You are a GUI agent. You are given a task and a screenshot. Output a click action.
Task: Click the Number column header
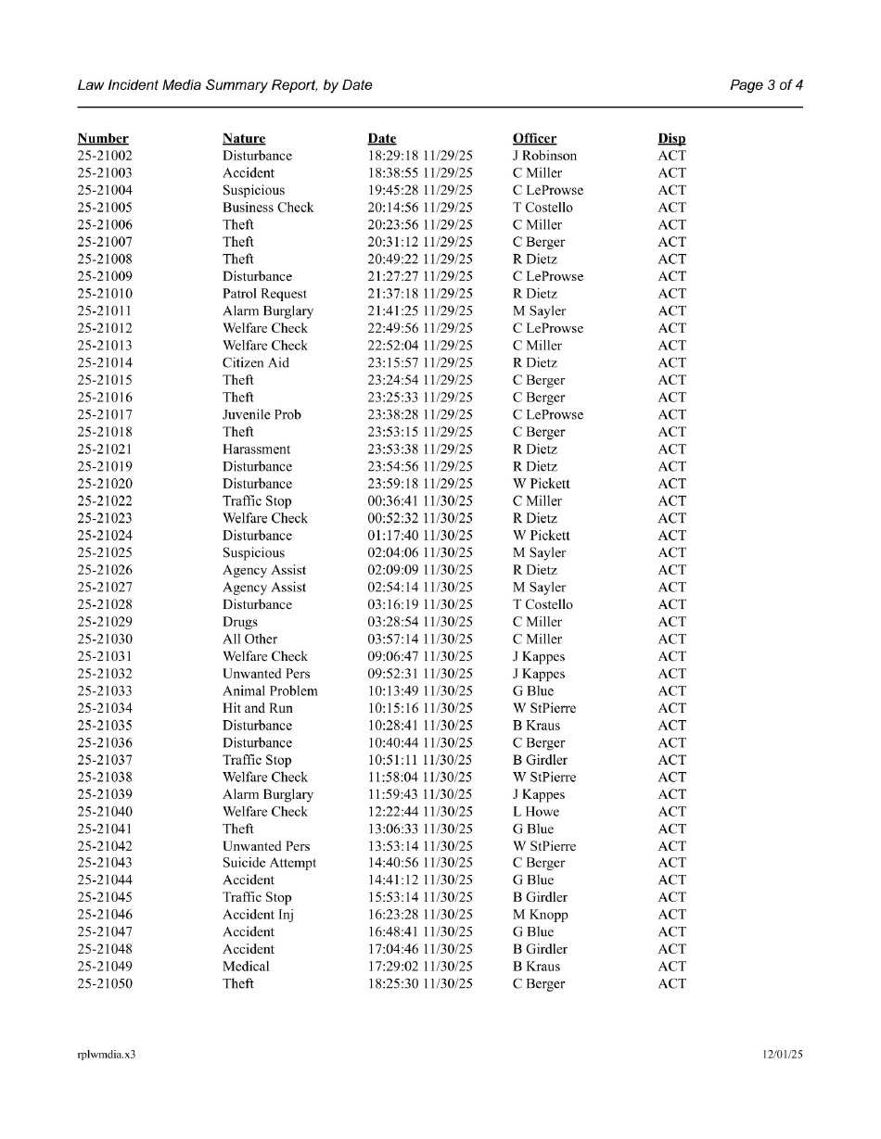coord(103,139)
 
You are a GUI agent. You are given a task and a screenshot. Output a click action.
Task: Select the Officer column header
coord(534,139)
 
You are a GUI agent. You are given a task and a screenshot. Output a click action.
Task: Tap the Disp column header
coord(671,139)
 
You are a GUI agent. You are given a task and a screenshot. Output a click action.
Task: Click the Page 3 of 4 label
coord(766,85)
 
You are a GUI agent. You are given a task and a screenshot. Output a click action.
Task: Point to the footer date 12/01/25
coord(783,1055)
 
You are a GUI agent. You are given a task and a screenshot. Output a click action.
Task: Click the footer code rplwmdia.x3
coord(107,1055)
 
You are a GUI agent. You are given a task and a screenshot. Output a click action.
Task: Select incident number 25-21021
coord(105,449)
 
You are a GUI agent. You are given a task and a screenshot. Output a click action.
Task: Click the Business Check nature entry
coord(268,208)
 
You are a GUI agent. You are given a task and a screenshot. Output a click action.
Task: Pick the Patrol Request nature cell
coord(264,294)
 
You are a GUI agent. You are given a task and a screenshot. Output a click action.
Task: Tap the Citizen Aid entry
coord(256,363)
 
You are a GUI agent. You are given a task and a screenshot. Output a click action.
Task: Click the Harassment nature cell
coord(258,449)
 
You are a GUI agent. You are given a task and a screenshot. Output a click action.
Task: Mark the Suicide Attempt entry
coord(269,863)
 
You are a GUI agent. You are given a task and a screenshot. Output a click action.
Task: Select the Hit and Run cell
coord(257,708)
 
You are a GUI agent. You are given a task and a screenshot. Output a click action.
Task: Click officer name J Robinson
coord(544,156)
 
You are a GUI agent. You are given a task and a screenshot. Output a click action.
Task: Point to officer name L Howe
coord(536,812)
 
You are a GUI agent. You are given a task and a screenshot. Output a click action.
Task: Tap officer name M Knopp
coord(540,915)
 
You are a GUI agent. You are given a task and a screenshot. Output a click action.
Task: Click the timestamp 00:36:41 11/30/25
coord(420,501)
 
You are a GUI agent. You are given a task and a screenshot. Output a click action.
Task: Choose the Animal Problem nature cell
coord(270,691)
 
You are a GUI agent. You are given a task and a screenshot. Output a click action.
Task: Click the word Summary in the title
coord(228,85)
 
